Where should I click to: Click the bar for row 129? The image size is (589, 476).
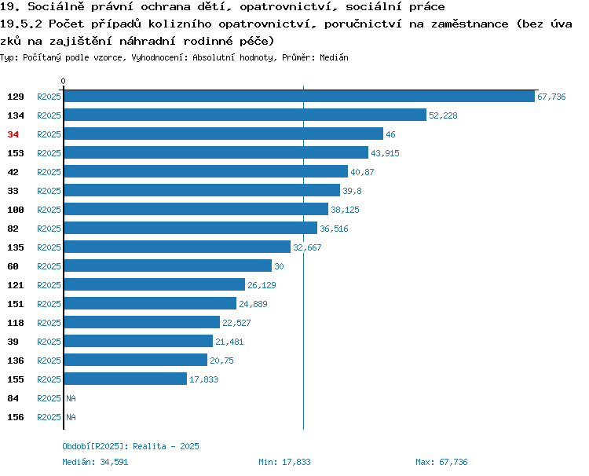click(x=299, y=96)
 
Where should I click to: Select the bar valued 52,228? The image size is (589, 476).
click(x=245, y=115)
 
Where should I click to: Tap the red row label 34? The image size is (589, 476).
click(x=13, y=134)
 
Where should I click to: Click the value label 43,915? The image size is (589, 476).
click(x=385, y=153)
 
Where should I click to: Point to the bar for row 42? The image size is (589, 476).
click(x=207, y=171)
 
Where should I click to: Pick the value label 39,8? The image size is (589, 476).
click(x=352, y=191)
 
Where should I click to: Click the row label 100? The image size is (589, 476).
click(x=16, y=210)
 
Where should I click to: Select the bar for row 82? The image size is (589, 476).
click(x=191, y=228)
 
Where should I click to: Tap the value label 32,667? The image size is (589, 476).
click(x=307, y=247)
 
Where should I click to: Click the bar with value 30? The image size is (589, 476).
click(x=168, y=265)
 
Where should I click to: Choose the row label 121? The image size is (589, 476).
click(x=16, y=285)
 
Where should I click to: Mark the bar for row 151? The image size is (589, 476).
click(x=150, y=303)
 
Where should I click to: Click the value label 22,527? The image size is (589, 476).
click(x=236, y=323)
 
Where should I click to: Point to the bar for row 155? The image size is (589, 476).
click(x=126, y=379)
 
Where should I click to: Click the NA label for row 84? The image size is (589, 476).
click(x=71, y=398)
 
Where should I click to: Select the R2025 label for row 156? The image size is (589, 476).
click(x=49, y=417)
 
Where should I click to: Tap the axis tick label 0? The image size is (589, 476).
click(x=63, y=81)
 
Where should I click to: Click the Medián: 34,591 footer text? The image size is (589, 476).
click(x=95, y=462)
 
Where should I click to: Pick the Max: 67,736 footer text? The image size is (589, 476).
click(x=441, y=462)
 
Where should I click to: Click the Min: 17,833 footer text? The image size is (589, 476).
click(x=285, y=462)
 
